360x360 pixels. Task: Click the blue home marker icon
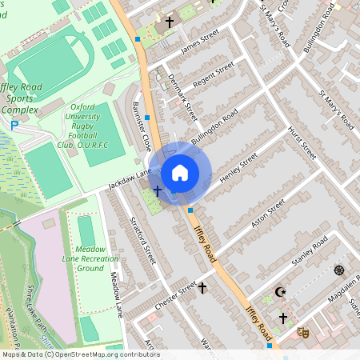pos(180,172)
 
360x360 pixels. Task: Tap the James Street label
pos(199,43)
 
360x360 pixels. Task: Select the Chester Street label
pos(175,291)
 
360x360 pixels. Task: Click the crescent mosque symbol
pos(280,293)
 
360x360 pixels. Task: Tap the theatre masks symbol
pos(302,330)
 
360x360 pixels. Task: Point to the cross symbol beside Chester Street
pos(202,286)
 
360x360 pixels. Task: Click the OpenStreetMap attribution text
pos(80,354)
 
